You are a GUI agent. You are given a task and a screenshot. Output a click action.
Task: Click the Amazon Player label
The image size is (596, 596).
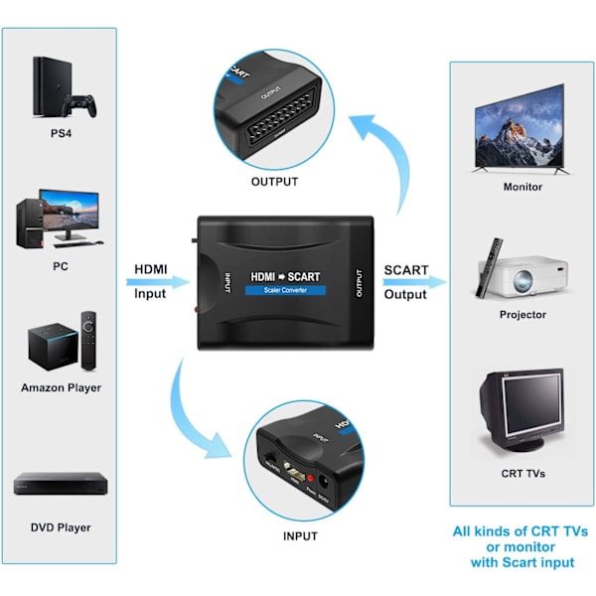pos(61,387)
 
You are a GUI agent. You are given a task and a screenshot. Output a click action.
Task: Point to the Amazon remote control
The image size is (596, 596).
pos(88,339)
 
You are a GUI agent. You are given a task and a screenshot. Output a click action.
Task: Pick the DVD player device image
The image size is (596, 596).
pos(60,485)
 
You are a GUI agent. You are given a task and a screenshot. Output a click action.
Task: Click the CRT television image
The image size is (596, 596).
pos(521,410)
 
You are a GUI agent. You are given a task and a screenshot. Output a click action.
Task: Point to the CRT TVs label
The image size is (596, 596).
pos(522,474)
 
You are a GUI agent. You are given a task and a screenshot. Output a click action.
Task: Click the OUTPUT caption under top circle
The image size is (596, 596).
pos(274,182)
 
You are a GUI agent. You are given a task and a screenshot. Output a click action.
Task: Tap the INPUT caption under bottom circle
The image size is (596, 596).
pos(299,536)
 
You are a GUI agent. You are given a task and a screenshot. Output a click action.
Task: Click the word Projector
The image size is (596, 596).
pos(522,315)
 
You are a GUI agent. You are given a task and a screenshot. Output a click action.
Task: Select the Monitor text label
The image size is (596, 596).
pos(522,187)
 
